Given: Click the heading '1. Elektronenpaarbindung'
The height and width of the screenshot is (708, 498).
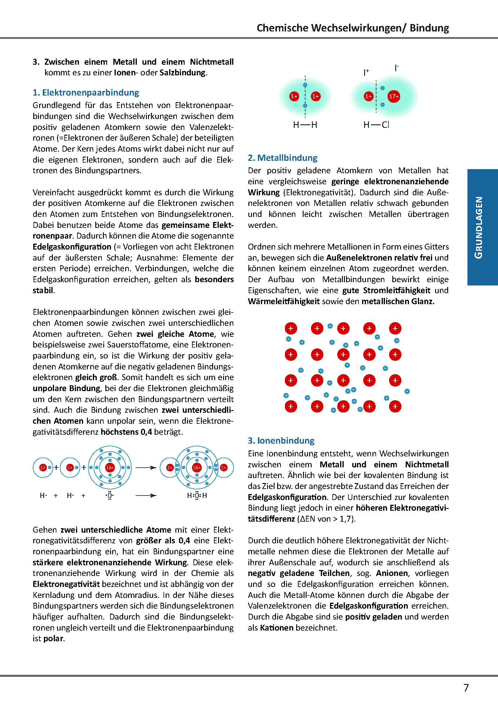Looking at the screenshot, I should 86,93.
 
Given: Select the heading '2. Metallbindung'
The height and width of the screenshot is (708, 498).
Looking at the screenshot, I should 283,158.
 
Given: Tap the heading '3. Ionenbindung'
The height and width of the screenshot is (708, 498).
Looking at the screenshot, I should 281,441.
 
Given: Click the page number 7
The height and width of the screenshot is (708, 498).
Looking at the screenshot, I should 466,688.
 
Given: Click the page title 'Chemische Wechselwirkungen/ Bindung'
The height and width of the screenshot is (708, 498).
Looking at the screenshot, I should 353,28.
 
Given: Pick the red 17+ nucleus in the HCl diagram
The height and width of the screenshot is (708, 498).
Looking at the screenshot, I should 394,96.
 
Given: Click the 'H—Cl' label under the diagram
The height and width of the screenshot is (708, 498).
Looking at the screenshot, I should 376,125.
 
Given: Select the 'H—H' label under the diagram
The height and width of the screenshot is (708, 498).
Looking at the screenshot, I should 305,125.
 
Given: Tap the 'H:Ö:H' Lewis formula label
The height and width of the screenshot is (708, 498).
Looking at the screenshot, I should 197,496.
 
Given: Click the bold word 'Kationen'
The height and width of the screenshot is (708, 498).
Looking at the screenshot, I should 277,628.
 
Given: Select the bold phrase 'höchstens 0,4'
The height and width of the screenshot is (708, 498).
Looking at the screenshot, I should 126,432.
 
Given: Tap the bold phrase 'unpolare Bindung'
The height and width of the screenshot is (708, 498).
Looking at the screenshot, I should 66,388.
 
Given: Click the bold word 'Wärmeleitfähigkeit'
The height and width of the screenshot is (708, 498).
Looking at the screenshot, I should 283,301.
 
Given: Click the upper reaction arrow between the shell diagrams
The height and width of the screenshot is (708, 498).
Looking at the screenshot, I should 146,468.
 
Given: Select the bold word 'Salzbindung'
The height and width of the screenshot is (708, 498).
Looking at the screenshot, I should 182,73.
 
